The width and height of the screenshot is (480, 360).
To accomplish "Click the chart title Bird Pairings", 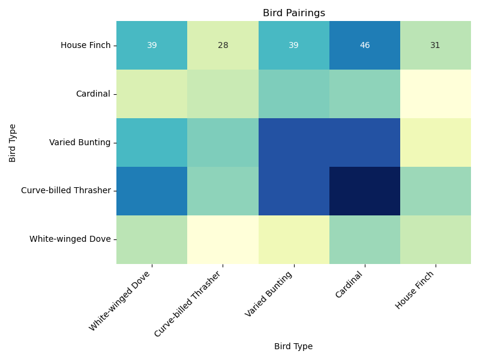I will (293, 13).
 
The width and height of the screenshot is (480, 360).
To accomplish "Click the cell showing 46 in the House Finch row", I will (365, 46).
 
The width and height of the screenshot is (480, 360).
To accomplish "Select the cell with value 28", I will (223, 46).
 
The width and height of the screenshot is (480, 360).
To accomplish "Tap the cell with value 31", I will (435, 46).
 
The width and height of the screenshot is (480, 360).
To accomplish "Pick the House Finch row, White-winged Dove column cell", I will (152, 46).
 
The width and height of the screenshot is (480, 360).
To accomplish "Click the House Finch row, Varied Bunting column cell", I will (293, 46).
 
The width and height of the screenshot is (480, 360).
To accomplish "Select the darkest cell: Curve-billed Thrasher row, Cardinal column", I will (365, 191).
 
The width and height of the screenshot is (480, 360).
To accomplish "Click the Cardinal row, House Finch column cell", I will (435, 94).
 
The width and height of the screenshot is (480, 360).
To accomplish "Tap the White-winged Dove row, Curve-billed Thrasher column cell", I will (223, 239).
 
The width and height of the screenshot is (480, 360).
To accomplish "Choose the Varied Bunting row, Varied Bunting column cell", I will (293, 143).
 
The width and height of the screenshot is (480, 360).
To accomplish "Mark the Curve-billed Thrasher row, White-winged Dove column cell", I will (152, 191).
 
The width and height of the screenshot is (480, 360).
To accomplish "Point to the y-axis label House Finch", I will (86, 46).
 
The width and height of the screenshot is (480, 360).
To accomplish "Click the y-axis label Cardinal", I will (93, 94).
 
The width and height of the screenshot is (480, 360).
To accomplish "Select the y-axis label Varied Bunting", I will (80, 143).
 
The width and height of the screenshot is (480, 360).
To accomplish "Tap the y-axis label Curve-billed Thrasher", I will (66, 191).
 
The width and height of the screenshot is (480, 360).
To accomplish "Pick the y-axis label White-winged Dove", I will (70, 239).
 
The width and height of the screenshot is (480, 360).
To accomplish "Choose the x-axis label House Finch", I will (416, 289).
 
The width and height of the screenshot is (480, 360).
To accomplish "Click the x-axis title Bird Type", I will (293, 346).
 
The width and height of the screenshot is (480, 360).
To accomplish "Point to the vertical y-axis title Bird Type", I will (13, 143).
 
